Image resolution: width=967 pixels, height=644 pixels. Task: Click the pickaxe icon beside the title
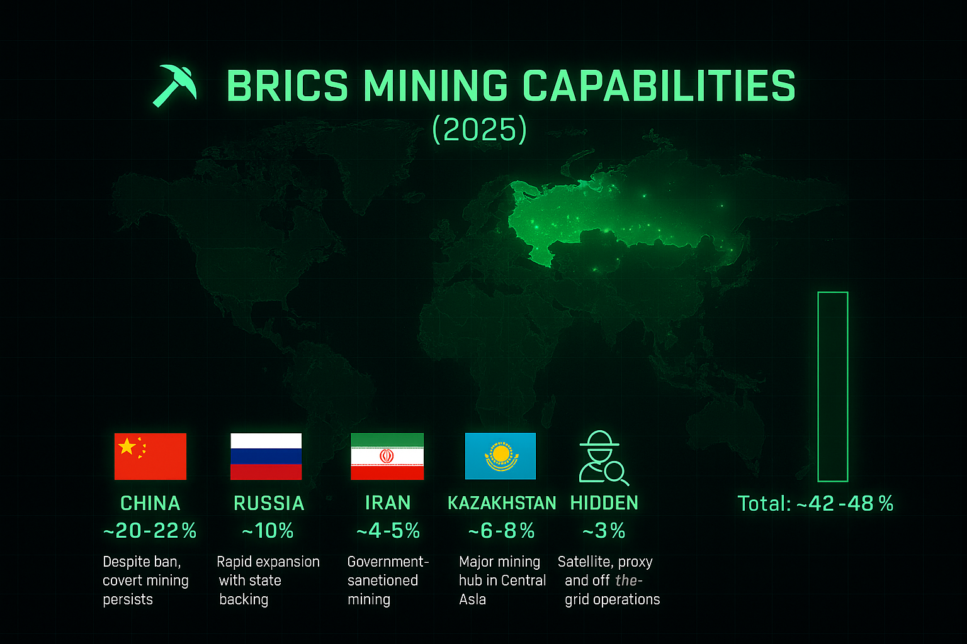pos(174,85)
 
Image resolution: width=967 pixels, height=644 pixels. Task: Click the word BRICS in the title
pos(287,86)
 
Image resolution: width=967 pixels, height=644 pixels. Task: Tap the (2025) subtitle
pos(479,129)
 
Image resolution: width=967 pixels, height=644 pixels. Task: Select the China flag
pos(150,457)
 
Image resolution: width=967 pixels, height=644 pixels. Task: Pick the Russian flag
pos(266,457)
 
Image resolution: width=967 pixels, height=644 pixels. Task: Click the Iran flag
pos(387,457)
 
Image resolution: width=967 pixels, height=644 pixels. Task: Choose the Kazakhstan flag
pos(500,456)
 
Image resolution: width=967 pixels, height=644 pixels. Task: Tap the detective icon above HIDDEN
pos(602,457)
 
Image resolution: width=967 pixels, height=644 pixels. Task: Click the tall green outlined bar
pos(832,386)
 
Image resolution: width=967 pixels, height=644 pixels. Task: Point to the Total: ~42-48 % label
pos(815,504)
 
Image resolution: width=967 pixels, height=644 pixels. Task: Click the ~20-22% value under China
pos(150,531)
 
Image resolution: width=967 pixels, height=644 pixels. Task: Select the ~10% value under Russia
pos(268,531)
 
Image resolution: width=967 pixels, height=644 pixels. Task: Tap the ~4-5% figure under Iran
pos(388,531)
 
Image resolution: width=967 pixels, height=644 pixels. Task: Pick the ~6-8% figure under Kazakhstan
pos(501,531)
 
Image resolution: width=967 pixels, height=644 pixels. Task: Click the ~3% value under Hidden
pos(604,531)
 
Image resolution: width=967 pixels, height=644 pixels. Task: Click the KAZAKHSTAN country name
pos(502,503)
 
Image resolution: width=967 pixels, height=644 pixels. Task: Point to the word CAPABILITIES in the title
pos(659,86)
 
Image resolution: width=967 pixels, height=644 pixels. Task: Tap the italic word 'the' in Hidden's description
pos(627,580)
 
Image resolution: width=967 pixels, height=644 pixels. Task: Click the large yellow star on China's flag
pos(127,447)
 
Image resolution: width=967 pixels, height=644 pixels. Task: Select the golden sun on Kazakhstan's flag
pos(500,453)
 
